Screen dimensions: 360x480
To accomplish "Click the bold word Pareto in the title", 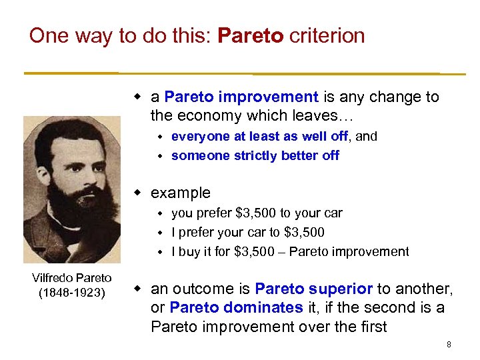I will pyautogui.click(x=251, y=35).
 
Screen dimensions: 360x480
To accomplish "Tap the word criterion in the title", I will pyautogui.click(x=327, y=35).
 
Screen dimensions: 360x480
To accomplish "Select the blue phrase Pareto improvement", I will pyautogui.click(x=241, y=97).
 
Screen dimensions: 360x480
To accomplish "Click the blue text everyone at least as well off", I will pyautogui.click(x=259, y=136).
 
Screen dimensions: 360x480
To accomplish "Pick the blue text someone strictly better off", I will pyautogui.click(x=255, y=155).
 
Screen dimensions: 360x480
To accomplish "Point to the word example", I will pyautogui.click(x=181, y=193).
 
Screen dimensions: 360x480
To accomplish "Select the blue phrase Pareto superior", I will pyautogui.click(x=313, y=289).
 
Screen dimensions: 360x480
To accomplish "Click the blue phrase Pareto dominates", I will pyautogui.click(x=237, y=308).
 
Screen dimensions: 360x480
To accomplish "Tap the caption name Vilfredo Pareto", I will pyautogui.click(x=72, y=278).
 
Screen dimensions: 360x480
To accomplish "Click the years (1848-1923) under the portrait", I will pyautogui.click(x=72, y=292).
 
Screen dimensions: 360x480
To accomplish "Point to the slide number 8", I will pyautogui.click(x=449, y=345).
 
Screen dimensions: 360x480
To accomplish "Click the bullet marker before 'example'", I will pyautogui.click(x=138, y=193).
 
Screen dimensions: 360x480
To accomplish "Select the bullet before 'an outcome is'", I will pyautogui.click(x=138, y=289).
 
